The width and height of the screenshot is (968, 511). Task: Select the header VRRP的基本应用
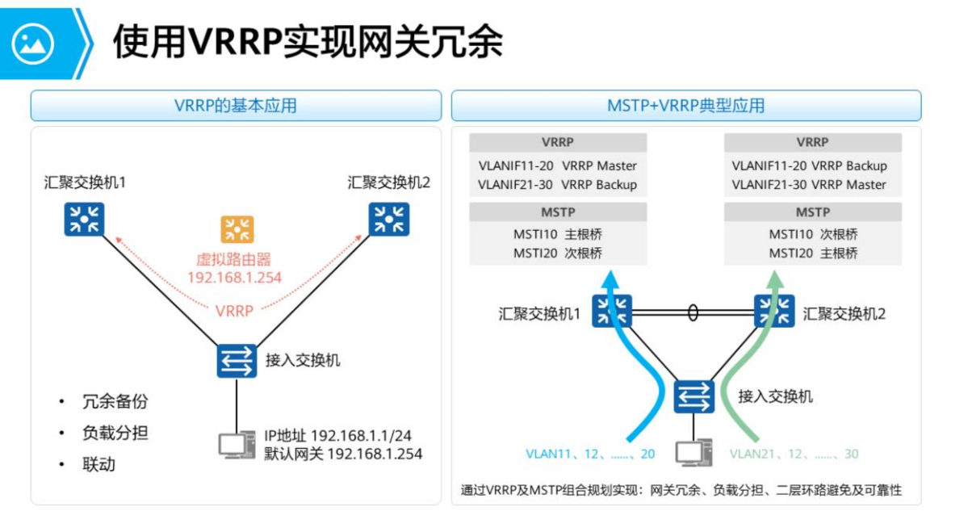coord(236,106)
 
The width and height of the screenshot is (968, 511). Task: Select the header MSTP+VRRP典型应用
coord(685,106)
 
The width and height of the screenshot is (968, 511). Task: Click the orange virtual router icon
coord(237,229)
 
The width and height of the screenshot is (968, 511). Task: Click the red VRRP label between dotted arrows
coord(235,310)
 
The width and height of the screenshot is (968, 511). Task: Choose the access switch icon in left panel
coord(237,360)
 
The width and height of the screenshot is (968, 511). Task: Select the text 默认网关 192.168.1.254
coord(343,453)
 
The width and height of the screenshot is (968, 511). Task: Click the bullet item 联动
coord(98,464)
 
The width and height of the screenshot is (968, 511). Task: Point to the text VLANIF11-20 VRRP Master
coord(557,165)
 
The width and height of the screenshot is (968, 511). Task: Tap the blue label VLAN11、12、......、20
coord(590,454)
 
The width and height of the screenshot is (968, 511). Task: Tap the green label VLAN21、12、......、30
coord(794,454)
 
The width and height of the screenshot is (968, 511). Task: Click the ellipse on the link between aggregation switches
coord(693,312)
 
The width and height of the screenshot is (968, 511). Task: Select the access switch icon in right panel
coord(694,396)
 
